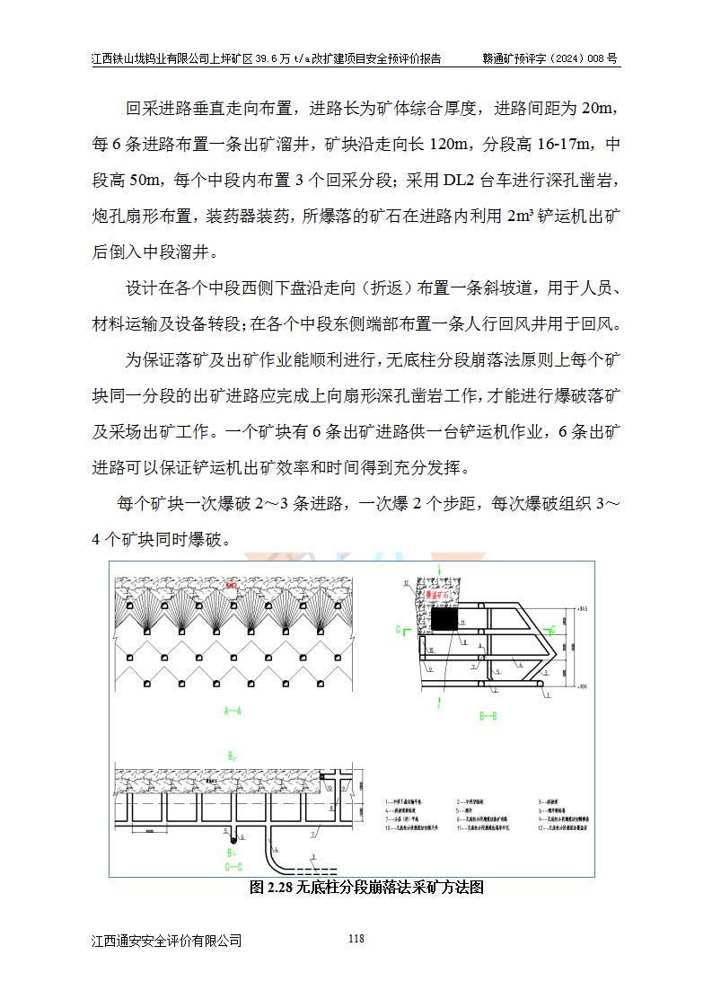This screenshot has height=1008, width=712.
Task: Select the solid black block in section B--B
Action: tap(444, 620)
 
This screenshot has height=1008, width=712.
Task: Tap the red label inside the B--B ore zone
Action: tap(440, 594)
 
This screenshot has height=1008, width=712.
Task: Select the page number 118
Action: tap(356, 939)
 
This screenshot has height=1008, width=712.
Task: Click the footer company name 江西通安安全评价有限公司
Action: tap(167, 941)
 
